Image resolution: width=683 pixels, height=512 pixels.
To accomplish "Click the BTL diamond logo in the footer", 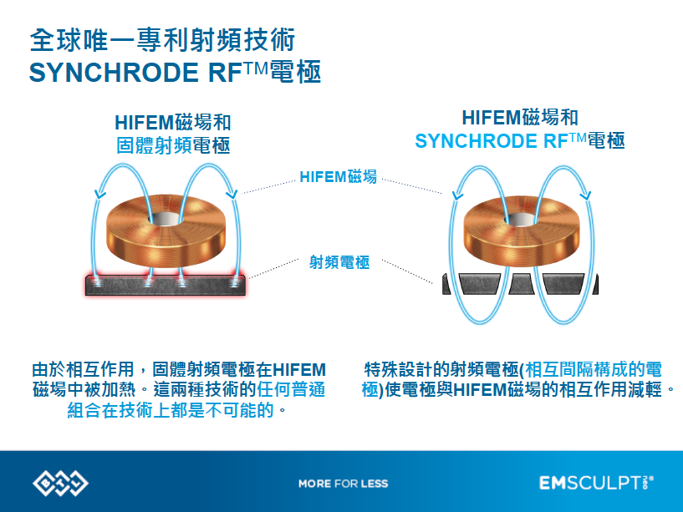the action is (60, 483).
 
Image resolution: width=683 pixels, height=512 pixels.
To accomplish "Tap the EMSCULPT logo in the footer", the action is (596, 483).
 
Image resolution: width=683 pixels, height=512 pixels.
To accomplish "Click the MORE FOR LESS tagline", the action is (344, 484).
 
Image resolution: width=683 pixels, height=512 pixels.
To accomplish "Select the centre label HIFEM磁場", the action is (338, 177).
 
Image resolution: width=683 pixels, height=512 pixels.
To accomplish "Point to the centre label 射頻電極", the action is (339, 262).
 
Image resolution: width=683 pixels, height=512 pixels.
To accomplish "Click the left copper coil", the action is (166, 231).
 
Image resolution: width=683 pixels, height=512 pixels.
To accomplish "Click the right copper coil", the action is (522, 231).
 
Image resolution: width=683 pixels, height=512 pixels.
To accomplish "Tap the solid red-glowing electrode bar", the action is (165, 286).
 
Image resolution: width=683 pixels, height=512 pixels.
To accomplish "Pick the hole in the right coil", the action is (521, 219).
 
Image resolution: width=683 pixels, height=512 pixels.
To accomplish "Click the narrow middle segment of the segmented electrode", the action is (522, 284).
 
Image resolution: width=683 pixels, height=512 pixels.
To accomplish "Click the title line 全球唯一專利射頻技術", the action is (162, 40).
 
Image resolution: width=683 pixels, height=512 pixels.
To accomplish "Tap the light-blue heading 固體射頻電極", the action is (173, 145).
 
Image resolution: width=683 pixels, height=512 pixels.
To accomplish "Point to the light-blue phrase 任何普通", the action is (291, 389).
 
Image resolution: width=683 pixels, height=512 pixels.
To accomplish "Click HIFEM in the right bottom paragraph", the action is (479, 390).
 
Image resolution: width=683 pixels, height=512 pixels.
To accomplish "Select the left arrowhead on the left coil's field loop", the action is (100, 195).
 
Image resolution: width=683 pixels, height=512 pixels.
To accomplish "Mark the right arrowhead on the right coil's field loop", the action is (586, 195).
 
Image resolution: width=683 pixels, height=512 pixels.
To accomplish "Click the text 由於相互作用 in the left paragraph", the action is (84, 370).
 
